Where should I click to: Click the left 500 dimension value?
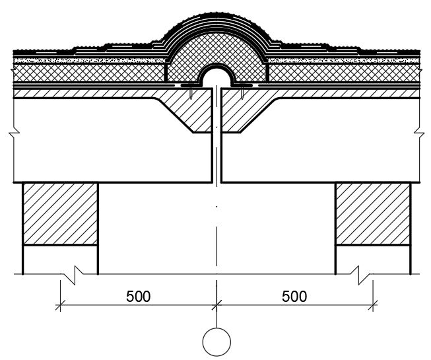[138, 297]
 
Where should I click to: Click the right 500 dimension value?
[294, 297]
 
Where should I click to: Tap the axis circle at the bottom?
[216, 342]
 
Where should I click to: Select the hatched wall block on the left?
[60, 214]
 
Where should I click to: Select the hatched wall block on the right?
[373, 214]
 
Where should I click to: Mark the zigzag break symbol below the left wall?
[72, 275]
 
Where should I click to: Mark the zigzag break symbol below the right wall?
[362, 275]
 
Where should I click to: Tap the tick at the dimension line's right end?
[373, 305]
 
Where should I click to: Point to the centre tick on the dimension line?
[216, 305]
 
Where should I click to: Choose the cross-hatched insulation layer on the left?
[89, 73]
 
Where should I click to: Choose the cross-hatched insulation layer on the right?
[344, 73]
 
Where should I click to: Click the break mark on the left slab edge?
[14, 133]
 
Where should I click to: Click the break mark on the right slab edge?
[420, 133]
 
